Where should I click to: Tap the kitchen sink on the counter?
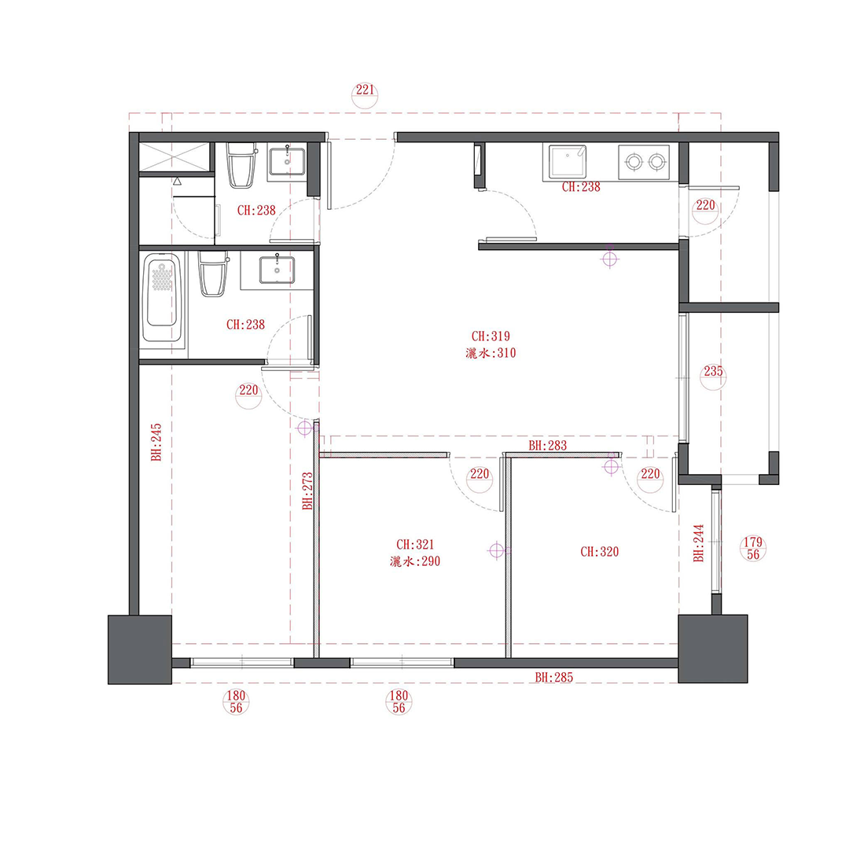[x=567, y=161]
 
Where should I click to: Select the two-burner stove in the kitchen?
[x=644, y=161]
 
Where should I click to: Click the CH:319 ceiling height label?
[x=491, y=336]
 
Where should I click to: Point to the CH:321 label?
[x=415, y=545]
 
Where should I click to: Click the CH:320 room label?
[x=599, y=552]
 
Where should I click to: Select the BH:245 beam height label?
[x=156, y=443]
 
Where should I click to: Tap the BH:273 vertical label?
[x=307, y=491]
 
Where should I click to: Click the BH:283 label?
[x=547, y=446]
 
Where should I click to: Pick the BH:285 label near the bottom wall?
[x=554, y=678]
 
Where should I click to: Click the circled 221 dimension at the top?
[x=365, y=95]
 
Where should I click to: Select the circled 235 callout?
[x=713, y=377]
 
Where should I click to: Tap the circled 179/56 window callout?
[x=752, y=549]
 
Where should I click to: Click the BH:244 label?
[x=699, y=543]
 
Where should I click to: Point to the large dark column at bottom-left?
[x=140, y=650]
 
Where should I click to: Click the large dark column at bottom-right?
[x=712, y=649]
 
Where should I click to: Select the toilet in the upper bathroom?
[x=241, y=165]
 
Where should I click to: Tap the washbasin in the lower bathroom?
[x=277, y=270]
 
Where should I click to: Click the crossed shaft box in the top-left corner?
[x=174, y=157]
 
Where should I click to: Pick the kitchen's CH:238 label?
[x=581, y=187]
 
